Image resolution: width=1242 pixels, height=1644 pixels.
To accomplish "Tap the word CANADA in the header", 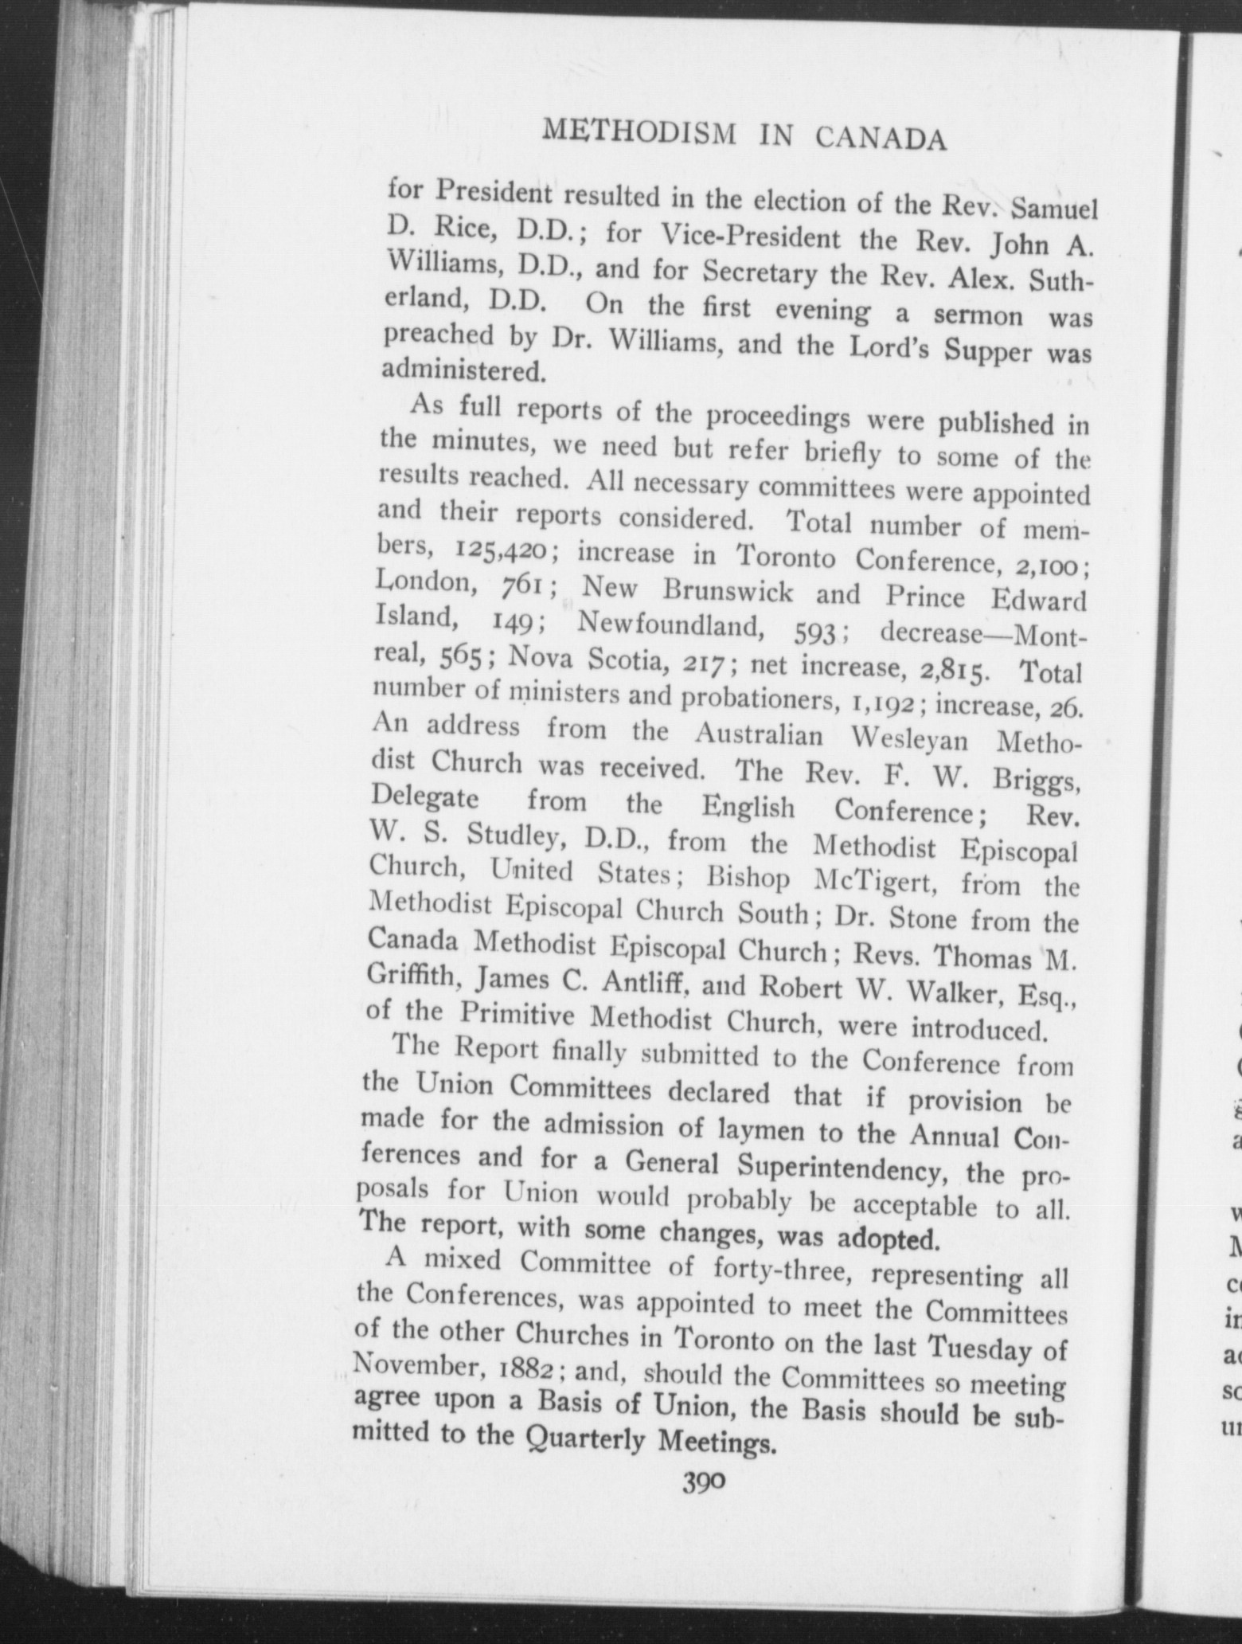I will (x=881, y=139).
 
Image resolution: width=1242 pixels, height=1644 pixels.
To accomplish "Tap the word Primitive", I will (x=520, y=1016).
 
